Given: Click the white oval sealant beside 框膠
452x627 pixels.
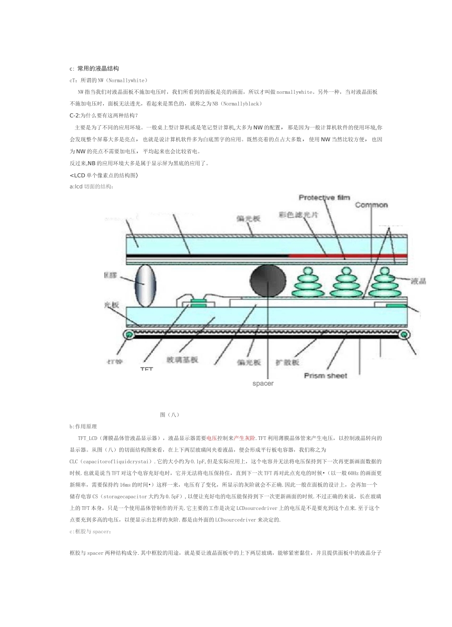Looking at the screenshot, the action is coord(146,285).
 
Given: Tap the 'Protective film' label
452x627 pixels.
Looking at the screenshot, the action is coord(324,197).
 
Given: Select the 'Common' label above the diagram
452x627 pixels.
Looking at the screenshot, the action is coord(371,205).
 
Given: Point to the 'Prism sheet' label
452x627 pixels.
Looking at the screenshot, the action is coord(325,376).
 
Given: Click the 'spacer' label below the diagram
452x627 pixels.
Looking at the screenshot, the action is coord(263,383).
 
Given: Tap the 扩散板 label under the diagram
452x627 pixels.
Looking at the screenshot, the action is coord(288,362).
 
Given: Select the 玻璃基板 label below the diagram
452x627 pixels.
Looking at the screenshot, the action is coord(182,360).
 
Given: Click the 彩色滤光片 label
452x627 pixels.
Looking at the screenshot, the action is coord(298,215).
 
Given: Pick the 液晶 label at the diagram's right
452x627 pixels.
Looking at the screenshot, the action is coord(418,281).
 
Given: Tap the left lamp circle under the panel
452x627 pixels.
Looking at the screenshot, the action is coord(128,335).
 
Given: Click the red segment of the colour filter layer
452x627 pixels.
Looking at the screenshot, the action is coord(347,256).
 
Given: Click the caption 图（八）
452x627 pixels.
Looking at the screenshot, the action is coord(170,415).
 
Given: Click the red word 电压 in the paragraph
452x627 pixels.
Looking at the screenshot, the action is coord(212,438).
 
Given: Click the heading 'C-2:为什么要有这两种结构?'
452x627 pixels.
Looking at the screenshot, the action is coord(104,115).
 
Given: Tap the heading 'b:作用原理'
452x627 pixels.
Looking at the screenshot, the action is coord(83,426).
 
